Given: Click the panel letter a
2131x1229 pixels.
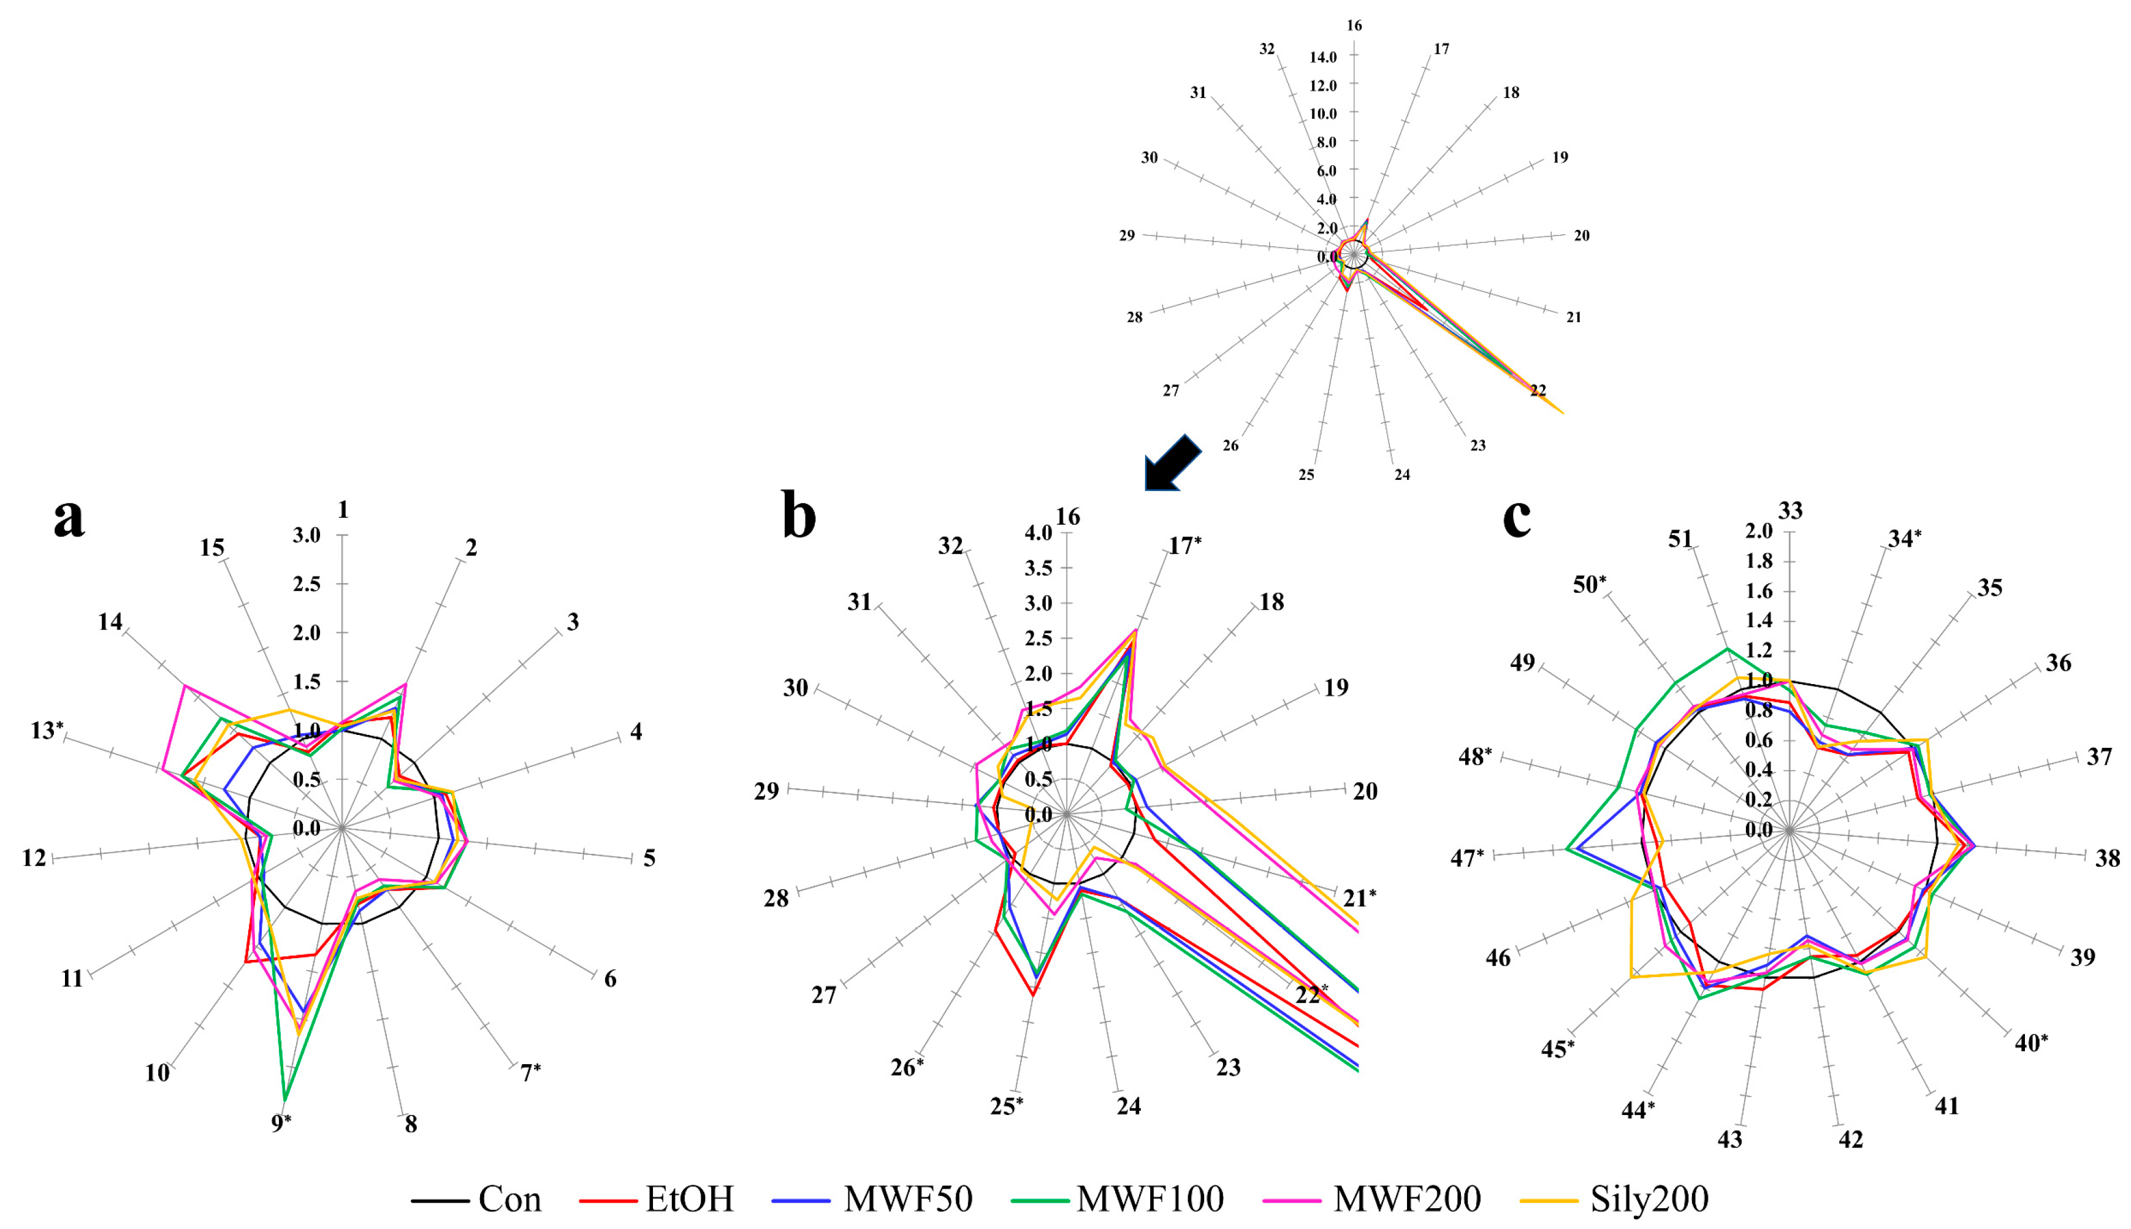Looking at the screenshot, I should pyautogui.click(x=69, y=517).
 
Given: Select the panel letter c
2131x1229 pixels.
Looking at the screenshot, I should pyautogui.click(x=1517, y=517).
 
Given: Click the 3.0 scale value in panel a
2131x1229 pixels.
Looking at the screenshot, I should pyautogui.click(x=307, y=535).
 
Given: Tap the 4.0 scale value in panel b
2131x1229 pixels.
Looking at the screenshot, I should pyautogui.click(x=1038, y=533).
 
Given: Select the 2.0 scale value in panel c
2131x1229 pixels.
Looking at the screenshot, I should pyautogui.click(x=1759, y=531).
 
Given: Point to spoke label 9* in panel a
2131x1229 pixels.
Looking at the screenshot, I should pyautogui.click(x=282, y=1124).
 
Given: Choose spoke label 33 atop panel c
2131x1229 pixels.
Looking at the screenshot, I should pyautogui.click(x=1790, y=511).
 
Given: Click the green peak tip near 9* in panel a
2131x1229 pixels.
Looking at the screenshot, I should pyautogui.click(x=285, y=1101).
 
